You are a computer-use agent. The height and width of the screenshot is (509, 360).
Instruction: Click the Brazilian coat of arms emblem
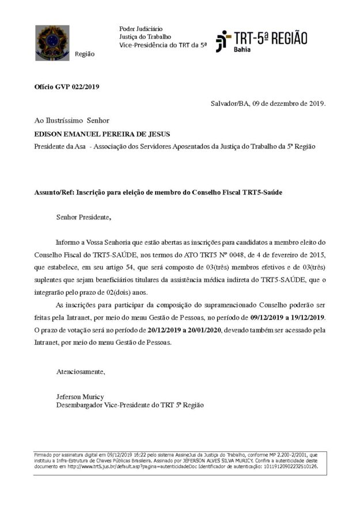click(52, 43)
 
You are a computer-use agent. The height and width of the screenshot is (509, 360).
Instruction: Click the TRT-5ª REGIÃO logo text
click(270, 39)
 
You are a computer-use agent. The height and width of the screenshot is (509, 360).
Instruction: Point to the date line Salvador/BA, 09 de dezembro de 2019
click(268, 104)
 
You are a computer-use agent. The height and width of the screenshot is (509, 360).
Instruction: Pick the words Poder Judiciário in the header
click(141, 29)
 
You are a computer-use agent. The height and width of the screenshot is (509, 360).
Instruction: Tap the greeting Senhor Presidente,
click(83, 217)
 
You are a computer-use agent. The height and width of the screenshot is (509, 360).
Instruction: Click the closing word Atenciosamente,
click(81, 371)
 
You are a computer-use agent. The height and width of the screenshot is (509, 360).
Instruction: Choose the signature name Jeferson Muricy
click(80, 397)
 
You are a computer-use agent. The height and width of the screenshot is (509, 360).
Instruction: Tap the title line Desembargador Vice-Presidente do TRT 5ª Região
click(129, 405)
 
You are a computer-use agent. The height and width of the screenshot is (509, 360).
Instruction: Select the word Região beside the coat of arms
click(85, 54)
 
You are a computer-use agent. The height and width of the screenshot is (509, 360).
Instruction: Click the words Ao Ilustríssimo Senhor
click(72, 120)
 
